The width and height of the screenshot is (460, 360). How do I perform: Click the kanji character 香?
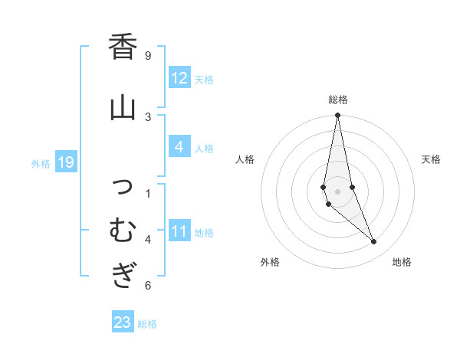tap(123, 47)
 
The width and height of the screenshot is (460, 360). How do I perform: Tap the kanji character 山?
tap(123, 106)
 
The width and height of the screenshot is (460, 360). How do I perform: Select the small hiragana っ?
tap(123, 185)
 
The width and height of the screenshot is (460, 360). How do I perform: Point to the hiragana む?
tap(123, 228)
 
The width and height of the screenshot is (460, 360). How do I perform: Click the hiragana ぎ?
tap(123, 274)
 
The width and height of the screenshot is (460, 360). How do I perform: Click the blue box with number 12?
tap(179, 78)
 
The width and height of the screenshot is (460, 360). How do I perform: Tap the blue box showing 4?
tap(179, 147)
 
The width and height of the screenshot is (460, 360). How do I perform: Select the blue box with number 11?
tap(179, 231)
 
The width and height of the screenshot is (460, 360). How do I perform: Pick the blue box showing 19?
tap(65, 162)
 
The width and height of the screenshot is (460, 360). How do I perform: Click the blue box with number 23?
tap(122, 322)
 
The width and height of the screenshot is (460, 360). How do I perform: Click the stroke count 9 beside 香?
tap(148, 55)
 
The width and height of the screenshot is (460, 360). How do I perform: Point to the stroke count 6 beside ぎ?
tap(148, 286)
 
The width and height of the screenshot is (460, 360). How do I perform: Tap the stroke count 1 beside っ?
tap(148, 192)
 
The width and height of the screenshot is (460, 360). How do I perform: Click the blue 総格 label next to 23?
tap(147, 323)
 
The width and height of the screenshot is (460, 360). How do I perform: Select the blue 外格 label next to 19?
tap(41, 163)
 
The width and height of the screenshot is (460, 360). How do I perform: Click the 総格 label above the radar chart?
tap(337, 100)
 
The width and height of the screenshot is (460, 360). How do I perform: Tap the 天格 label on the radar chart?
tap(432, 159)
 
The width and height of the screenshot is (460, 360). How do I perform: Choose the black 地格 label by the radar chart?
tap(402, 262)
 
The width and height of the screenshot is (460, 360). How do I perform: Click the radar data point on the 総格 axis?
tap(337, 115)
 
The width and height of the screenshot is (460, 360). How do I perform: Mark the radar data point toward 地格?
tap(374, 242)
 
